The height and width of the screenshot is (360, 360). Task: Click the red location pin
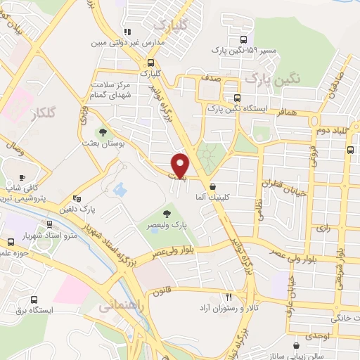click(181, 165)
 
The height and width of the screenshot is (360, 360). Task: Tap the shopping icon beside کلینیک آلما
click(212, 187)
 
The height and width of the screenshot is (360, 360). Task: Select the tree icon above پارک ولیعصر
click(167, 214)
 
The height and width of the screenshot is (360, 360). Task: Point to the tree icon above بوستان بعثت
click(103, 131)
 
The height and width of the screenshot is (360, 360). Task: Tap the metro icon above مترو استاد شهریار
click(49, 224)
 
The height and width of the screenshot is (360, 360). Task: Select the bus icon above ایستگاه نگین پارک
click(237, 98)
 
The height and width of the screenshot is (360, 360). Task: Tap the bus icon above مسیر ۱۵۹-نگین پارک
click(243, 41)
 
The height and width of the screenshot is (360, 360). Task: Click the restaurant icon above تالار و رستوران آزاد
click(228, 297)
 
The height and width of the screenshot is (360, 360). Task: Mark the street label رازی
click(323, 228)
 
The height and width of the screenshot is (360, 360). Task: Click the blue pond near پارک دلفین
click(118, 190)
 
